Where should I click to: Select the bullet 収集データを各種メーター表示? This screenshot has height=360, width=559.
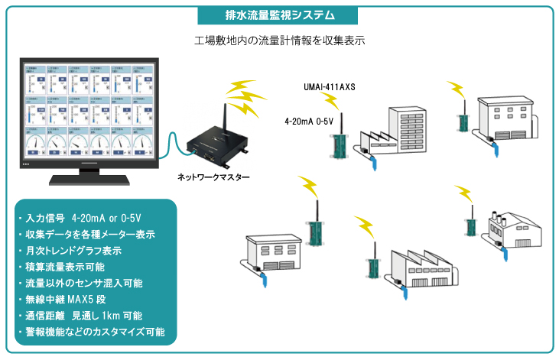tap(86, 234)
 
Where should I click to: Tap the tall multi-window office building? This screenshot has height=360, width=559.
tap(409, 125)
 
